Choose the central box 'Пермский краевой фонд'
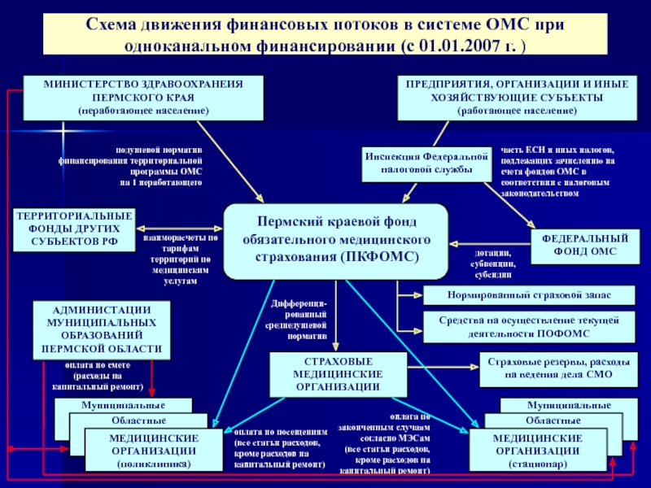[x=335, y=241]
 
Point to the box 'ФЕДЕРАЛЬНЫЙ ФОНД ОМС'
[x=581, y=245]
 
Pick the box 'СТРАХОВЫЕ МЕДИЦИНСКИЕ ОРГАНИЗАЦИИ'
[x=338, y=373]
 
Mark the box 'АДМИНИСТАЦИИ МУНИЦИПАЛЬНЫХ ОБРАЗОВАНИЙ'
[x=102, y=329]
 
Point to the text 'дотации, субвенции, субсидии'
[x=494, y=264]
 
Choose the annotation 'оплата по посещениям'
[x=279, y=448]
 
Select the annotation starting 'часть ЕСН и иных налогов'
[x=557, y=172]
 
